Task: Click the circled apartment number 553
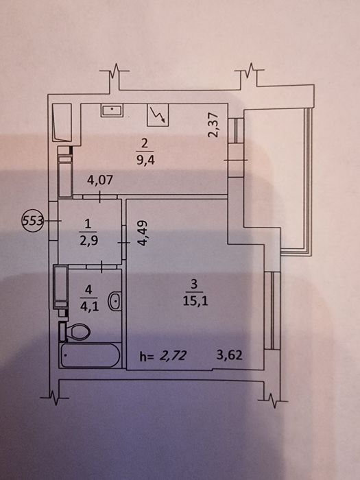click(32, 220)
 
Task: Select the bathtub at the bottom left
click(91, 355)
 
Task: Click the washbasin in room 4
click(115, 301)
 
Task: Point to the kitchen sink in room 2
click(112, 110)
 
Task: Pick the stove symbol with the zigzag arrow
click(158, 115)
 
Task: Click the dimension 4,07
click(100, 180)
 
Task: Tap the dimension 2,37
click(213, 125)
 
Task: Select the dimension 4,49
click(143, 233)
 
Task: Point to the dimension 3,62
click(229, 355)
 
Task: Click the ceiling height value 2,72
click(172, 356)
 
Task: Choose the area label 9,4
click(145, 160)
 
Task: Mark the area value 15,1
click(195, 302)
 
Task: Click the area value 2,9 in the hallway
click(88, 241)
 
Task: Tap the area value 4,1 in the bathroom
click(89, 307)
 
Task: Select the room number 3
click(193, 285)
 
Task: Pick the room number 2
click(145, 143)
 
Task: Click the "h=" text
click(146, 357)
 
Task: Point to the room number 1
click(88, 224)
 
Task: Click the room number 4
click(88, 290)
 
